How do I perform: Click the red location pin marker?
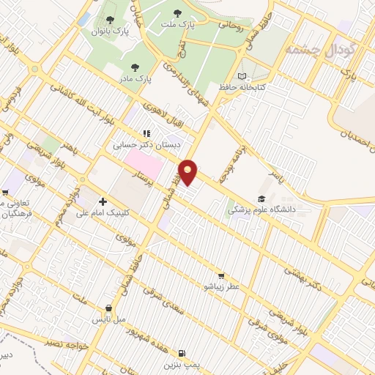tap(189, 171)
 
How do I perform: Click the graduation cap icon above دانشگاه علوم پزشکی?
tap(261, 198)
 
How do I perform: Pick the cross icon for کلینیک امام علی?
tap(102, 201)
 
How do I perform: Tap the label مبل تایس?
tap(109, 319)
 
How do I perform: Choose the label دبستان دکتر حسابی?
tap(146, 145)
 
